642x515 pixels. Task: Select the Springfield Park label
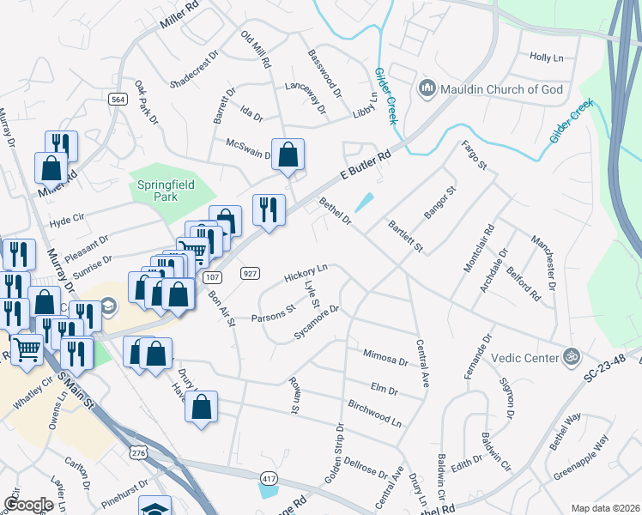[162, 191]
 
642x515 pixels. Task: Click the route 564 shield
[118, 100]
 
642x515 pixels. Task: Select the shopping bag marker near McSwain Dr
[288, 154]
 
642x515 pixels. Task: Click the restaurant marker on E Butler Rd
[269, 209]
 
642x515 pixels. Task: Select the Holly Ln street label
[546, 57]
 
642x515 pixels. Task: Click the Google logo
[28, 504]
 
